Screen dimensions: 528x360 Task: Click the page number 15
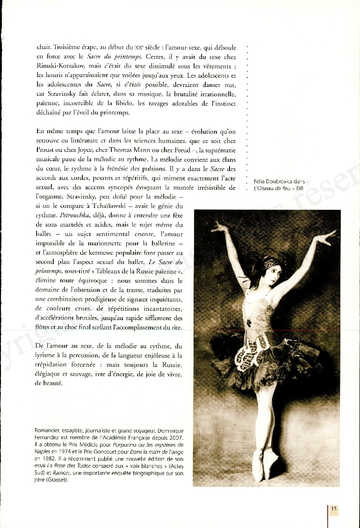click(334, 509)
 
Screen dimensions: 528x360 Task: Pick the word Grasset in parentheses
click(58, 479)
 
